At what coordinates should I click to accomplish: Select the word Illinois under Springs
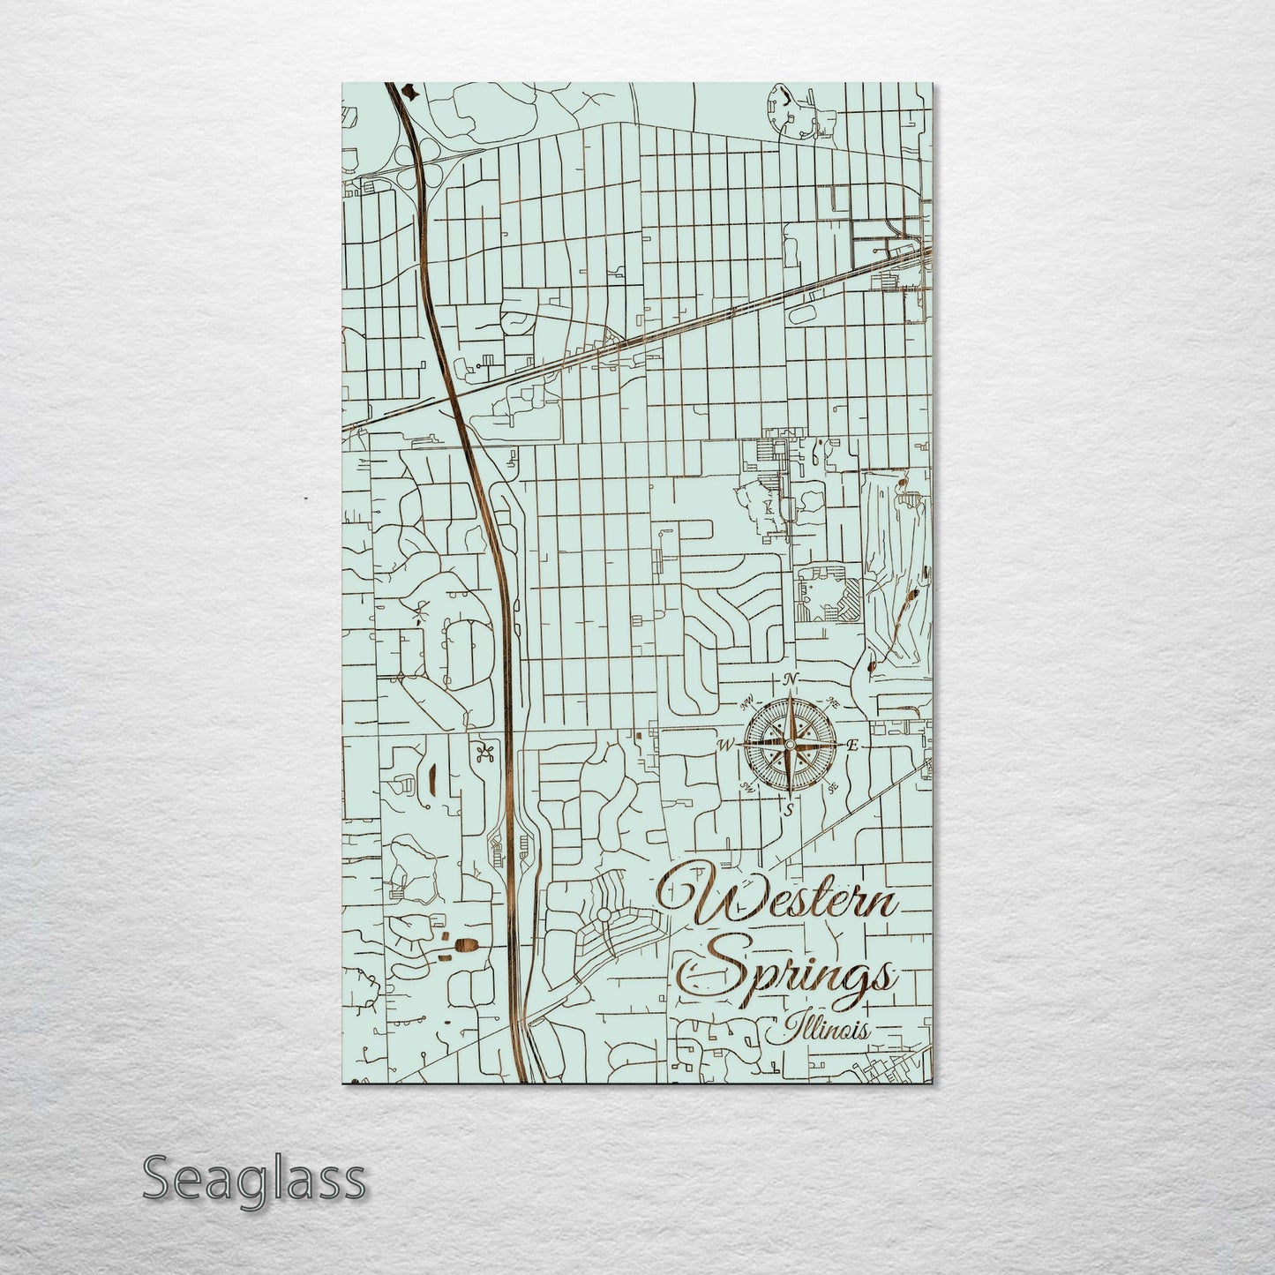tap(818, 1031)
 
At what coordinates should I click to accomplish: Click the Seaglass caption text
tap(253, 1178)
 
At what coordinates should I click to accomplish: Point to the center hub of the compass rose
tap(789, 746)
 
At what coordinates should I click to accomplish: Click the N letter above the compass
tap(791, 678)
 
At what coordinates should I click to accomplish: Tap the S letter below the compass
tap(789, 809)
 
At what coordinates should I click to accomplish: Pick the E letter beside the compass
tap(851, 746)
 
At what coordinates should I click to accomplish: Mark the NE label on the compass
tap(833, 703)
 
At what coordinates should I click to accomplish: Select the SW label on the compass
tap(746, 787)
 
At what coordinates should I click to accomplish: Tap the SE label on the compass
tap(832, 788)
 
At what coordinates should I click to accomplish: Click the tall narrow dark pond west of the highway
tap(432, 778)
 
